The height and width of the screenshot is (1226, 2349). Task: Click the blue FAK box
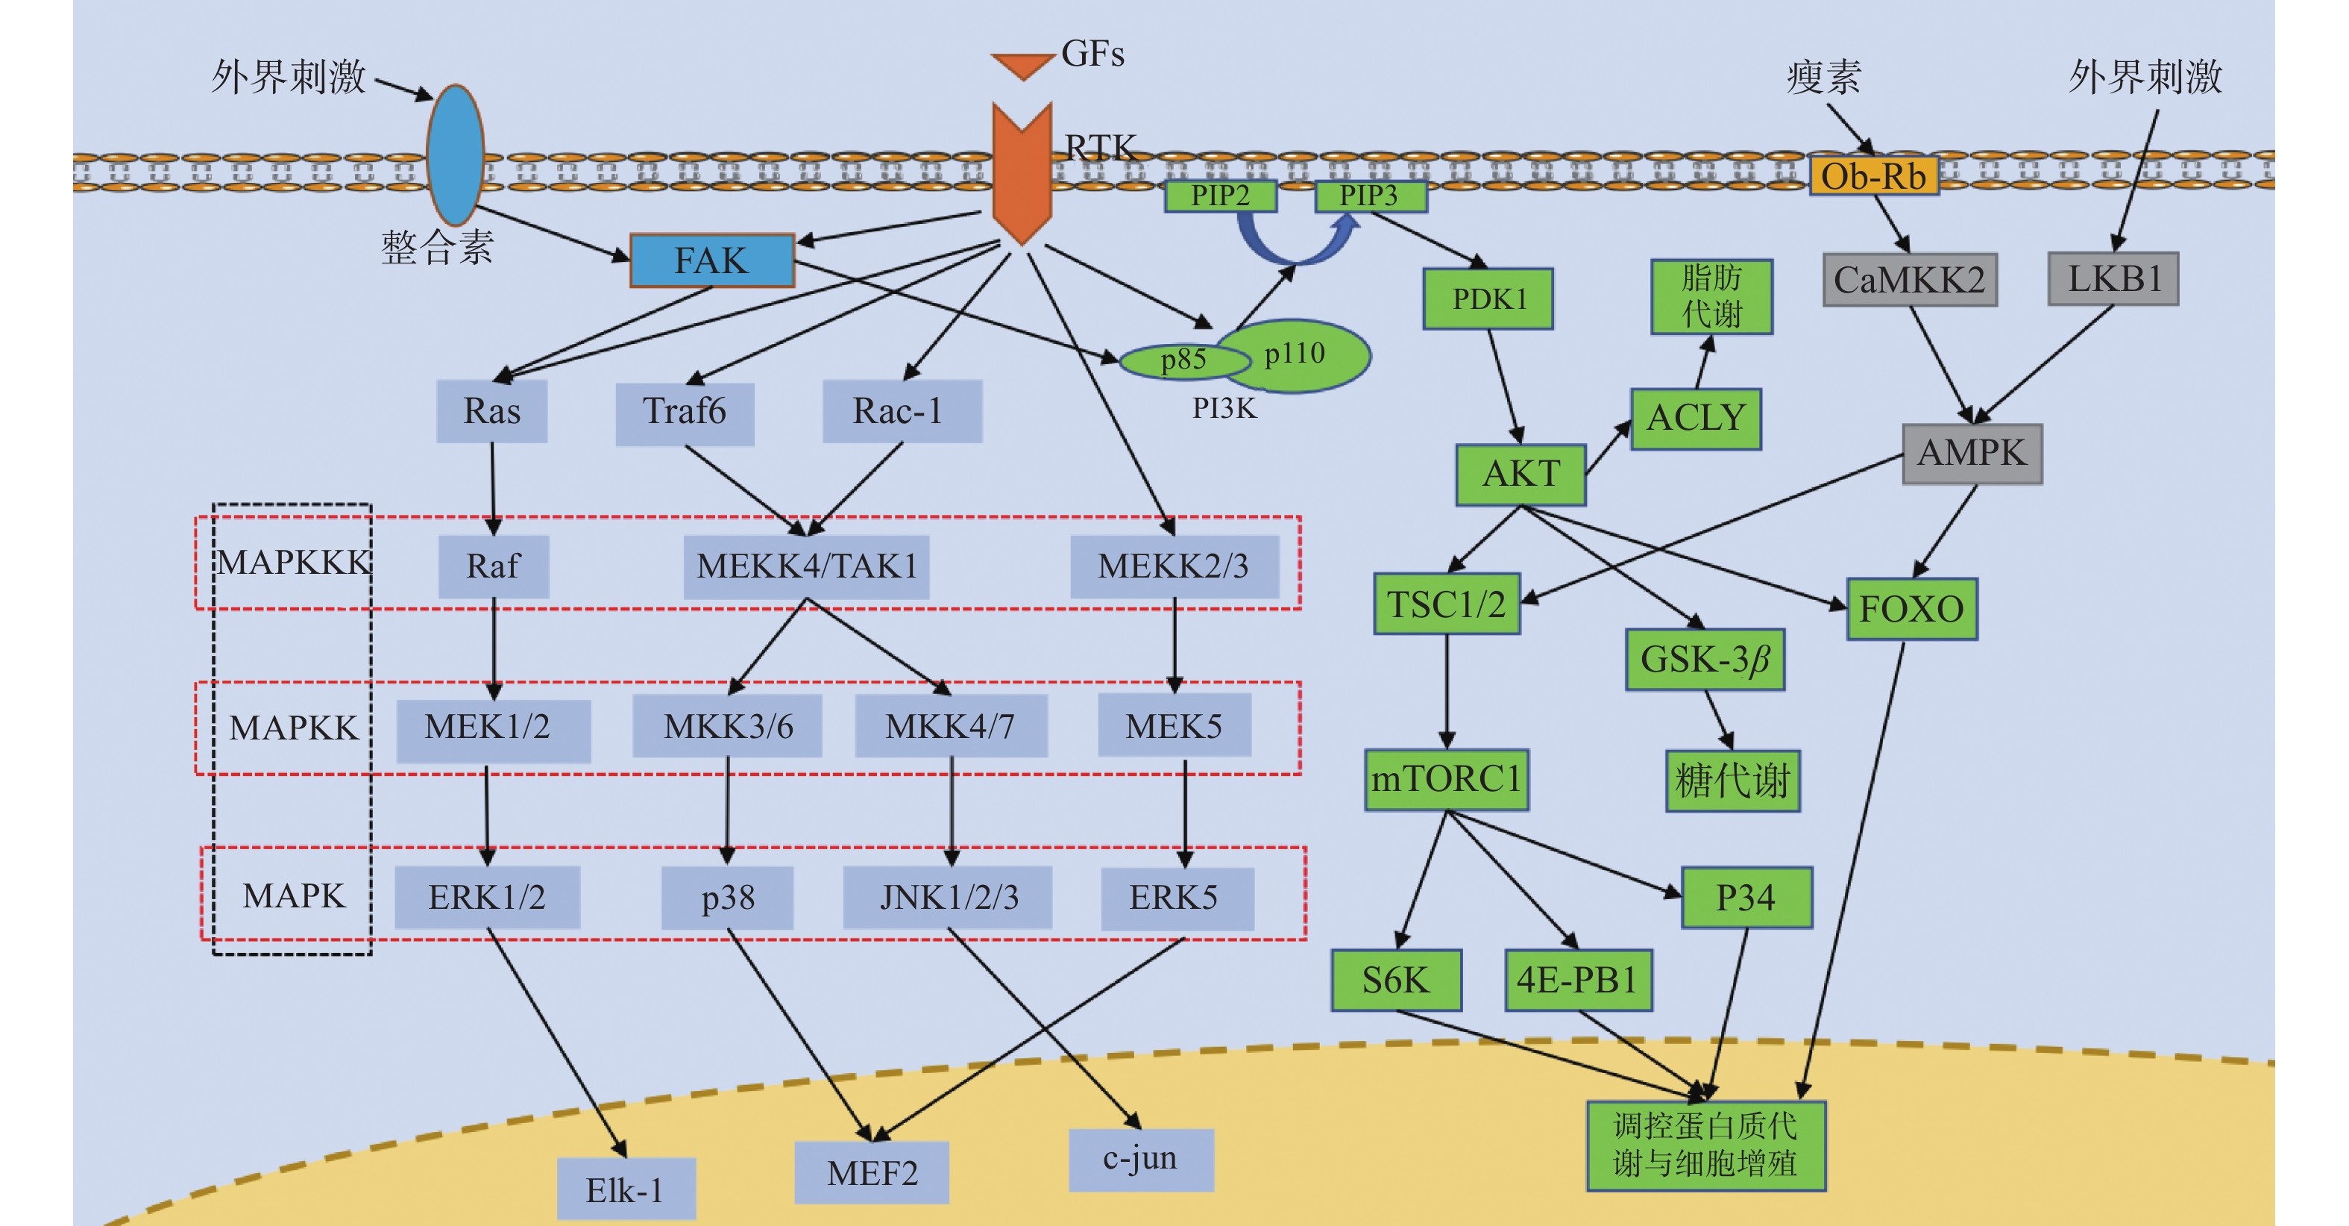pyautogui.click(x=712, y=261)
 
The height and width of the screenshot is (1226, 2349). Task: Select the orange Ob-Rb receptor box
pyautogui.click(x=1874, y=176)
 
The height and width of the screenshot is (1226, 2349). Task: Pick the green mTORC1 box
pyautogui.click(x=1446, y=780)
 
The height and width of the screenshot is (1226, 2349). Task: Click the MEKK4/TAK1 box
pyautogui.click(x=806, y=566)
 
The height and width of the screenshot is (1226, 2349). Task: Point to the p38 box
pyautogui.click(x=727, y=898)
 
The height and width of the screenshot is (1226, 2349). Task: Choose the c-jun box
pyautogui.click(x=1141, y=1160)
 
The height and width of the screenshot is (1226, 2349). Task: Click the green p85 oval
pyautogui.click(x=1183, y=360)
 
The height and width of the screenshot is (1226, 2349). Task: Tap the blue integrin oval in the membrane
pyautogui.click(x=455, y=155)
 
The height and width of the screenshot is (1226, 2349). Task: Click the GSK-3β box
pyautogui.click(x=1704, y=660)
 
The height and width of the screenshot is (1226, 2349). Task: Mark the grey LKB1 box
pyautogui.click(x=2113, y=279)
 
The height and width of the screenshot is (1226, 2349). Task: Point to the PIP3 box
pyautogui.click(x=1370, y=196)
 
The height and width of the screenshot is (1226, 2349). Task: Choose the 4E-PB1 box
pyautogui.click(x=1577, y=981)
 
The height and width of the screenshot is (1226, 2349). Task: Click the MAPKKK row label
pyautogui.click(x=293, y=563)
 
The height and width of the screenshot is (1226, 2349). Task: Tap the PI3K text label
pyautogui.click(x=1224, y=409)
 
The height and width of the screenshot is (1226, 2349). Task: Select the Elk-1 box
pyautogui.click(x=626, y=1189)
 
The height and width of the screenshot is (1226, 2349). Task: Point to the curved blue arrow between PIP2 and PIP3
pyautogui.click(x=1295, y=246)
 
